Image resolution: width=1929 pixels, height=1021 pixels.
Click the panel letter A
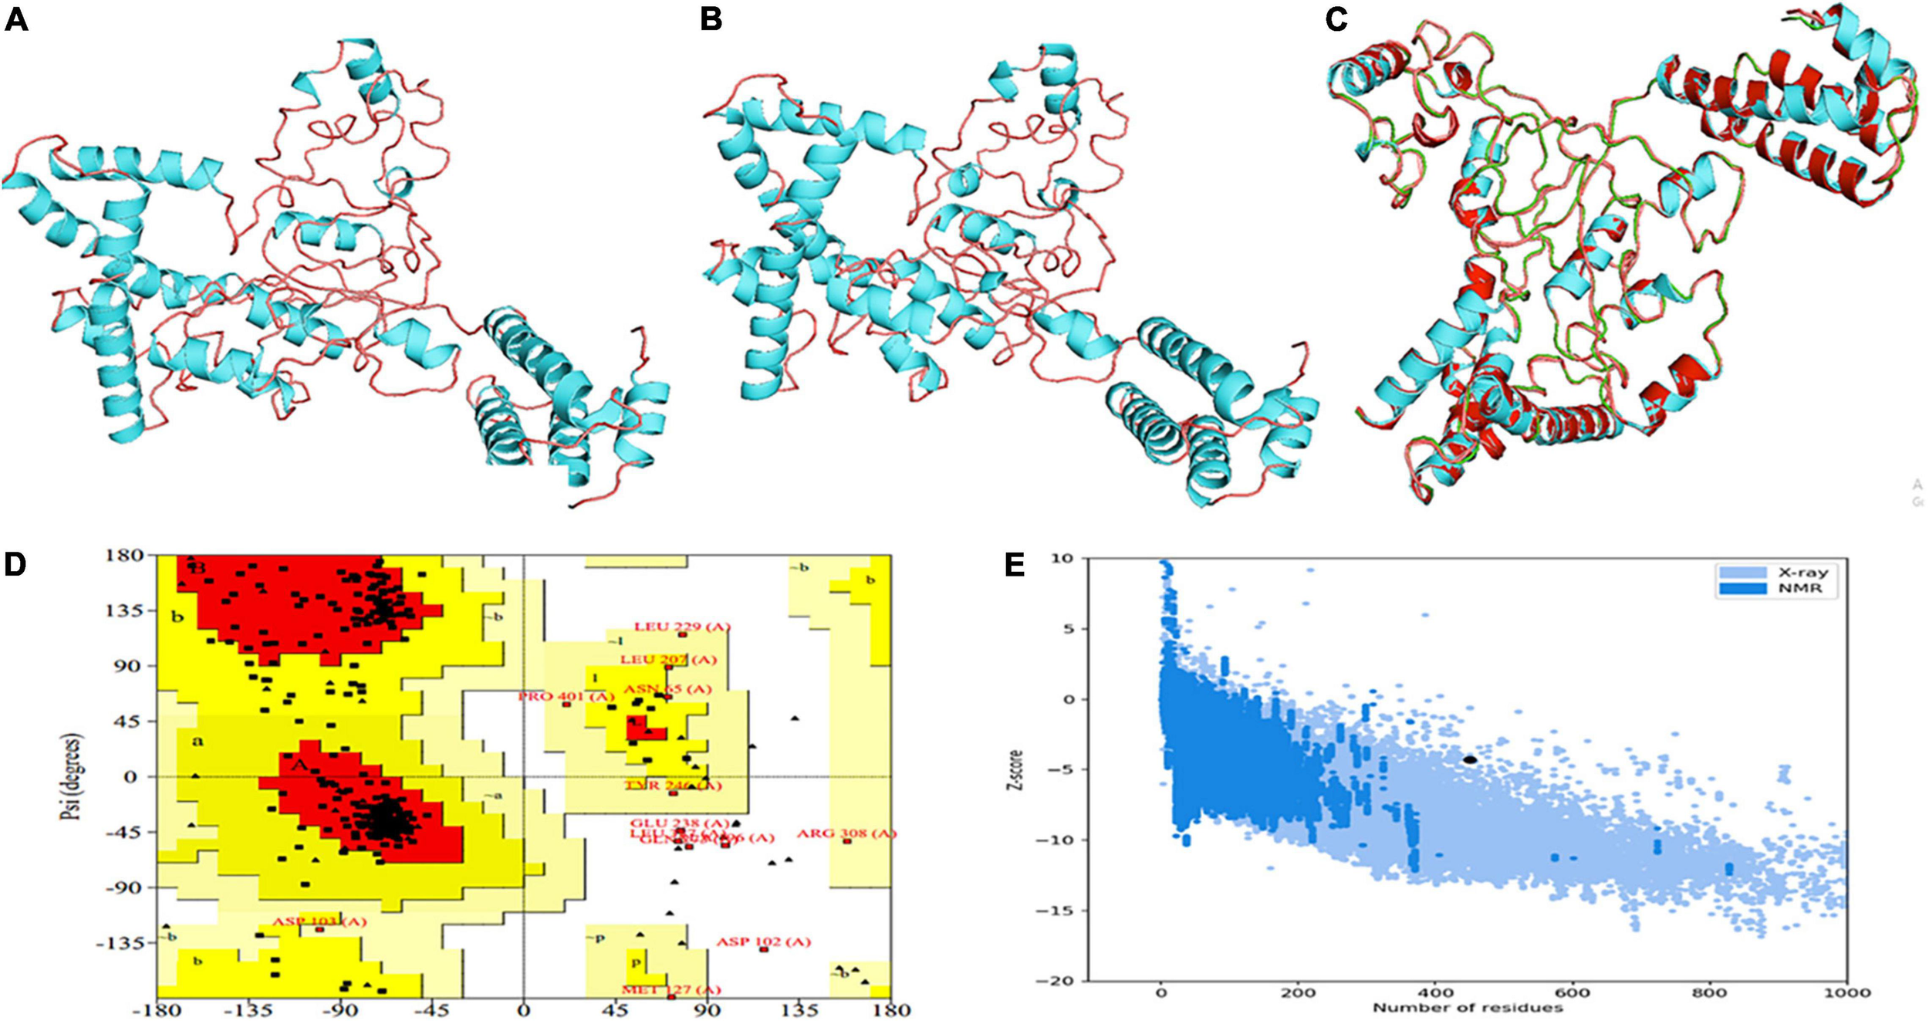tap(16, 20)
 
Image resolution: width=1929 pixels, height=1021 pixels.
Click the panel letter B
tap(711, 20)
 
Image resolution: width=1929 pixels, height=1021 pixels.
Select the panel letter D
tap(15, 565)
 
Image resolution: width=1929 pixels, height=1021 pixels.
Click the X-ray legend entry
tap(1802, 573)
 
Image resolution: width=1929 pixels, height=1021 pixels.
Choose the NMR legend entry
tap(1802, 588)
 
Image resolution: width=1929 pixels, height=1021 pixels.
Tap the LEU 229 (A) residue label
tap(681, 627)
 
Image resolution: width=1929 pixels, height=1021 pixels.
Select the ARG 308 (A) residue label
tap(846, 833)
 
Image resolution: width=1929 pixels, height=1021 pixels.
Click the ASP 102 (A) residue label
tap(763, 942)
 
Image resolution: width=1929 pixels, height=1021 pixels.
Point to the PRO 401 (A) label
tap(566, 696)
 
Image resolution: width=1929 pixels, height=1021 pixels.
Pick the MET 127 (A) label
tap(671, 989)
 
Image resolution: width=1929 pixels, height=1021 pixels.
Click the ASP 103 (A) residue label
tap(319, 921)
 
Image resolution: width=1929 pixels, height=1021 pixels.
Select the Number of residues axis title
tap(1468, 1007)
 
